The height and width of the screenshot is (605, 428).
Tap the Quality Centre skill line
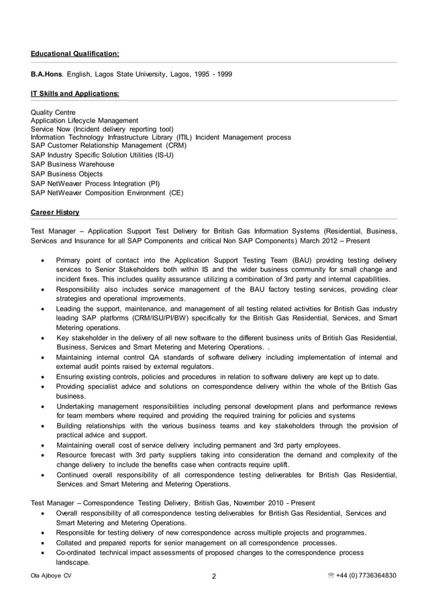point(53,112)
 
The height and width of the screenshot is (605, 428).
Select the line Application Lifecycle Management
point(85,120)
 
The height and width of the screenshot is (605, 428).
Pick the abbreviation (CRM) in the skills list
point(173,145)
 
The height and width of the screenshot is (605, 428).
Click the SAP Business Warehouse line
point(72,164)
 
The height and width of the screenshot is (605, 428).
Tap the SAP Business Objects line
point(67,174)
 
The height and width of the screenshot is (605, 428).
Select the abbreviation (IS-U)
point(161,155)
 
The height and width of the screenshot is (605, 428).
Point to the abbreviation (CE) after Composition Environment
point(176,192)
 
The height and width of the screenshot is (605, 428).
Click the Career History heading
point(55,213)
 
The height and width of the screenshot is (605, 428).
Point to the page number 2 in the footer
point(214,576)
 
